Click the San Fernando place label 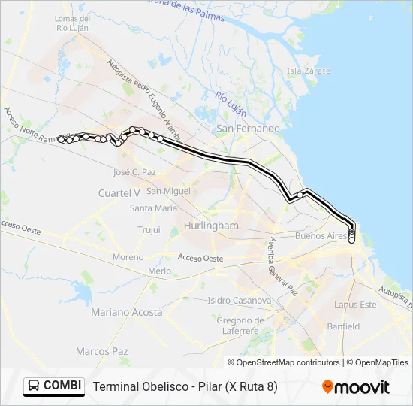[x=248, y=129]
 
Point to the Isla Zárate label [x=304, y=71]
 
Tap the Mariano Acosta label [x=126, y=312]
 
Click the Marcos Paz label [x=102, y=351]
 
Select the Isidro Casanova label [x=239, y=300]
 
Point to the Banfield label [x=343, y=326]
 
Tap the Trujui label [x=149, y=230]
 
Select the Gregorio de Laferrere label [x=238, y=326]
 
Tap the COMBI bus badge [x=55, y=386]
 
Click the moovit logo [x=356, y=387]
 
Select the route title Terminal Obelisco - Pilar [x=185, y=386]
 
